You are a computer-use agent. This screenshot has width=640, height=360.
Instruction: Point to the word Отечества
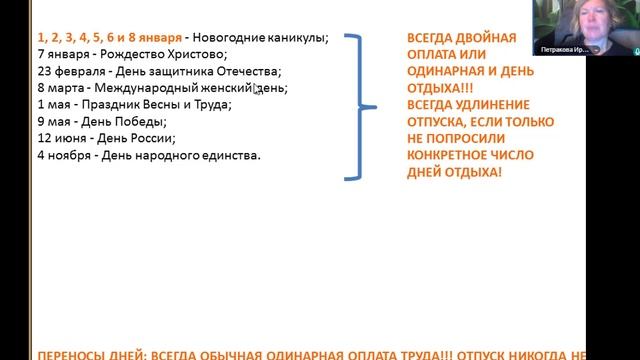246,71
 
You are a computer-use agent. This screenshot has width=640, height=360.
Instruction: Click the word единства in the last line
229,156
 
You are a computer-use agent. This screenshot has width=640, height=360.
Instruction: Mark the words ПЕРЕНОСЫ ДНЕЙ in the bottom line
90,354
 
